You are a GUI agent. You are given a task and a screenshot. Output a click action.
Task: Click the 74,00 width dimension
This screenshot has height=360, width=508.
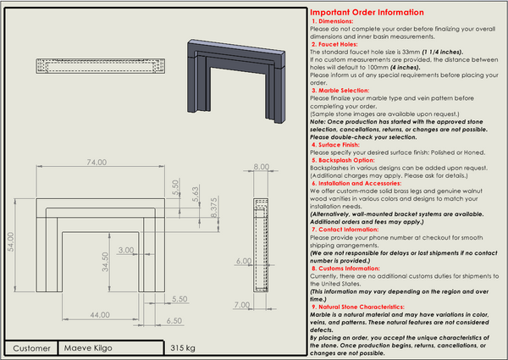click(x=96, y=162)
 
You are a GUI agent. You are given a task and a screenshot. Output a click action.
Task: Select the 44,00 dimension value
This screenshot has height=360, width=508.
click(x=101, y=315)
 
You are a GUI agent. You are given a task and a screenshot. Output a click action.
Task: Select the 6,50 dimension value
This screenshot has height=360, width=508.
click(x=175, y=321)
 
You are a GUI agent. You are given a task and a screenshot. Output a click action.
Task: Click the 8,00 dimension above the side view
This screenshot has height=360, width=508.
click(x=260, y=168)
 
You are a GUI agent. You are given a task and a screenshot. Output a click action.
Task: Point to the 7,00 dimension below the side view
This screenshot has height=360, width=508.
click(x=242, y=304)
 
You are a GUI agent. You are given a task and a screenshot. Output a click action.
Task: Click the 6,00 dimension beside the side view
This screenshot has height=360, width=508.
click(x=242, y=261)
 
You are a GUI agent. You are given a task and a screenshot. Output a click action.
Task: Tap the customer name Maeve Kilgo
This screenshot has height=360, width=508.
click(x=88, y=348)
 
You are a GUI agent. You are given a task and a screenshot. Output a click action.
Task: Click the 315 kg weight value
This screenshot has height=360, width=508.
click(x=183, y=348)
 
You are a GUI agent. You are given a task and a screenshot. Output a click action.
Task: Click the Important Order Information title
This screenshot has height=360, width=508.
click(x=366, y=13)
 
